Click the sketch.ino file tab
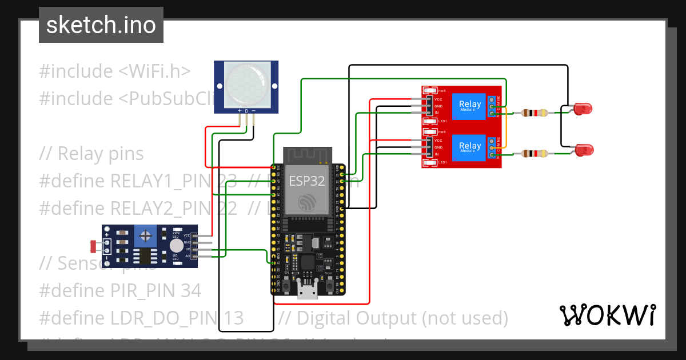click(x=101, y=25)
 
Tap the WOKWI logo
click(x=607, y=315)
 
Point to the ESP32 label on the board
click(x=306, y=181)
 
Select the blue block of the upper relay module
click(x=470, y=106)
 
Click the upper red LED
click(x=583, y=109)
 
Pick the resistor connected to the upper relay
click(x=534, y=113)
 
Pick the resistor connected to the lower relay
click(x=534, y=153)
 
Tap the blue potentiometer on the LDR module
click(x=147, y=235)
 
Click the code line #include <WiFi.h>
click(x=114, y=71)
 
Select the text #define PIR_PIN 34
click(x=120, y=291)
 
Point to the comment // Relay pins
click(x=91, y=154)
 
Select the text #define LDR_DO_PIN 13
click(x=141, y=318)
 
